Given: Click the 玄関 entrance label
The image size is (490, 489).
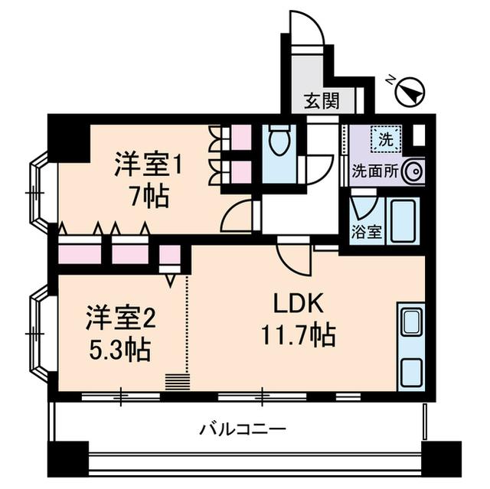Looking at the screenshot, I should pos(322,99).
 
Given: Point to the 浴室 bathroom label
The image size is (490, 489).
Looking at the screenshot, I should pos(367,231).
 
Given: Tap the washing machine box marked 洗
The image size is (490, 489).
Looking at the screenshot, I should pos(385,140).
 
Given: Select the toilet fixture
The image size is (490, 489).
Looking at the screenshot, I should pos(278,144).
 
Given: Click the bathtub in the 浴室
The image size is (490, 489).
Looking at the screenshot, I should pos(401,221).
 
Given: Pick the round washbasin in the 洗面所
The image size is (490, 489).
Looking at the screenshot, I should pos(414,171).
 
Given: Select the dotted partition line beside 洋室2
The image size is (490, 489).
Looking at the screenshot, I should pos(186,321).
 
